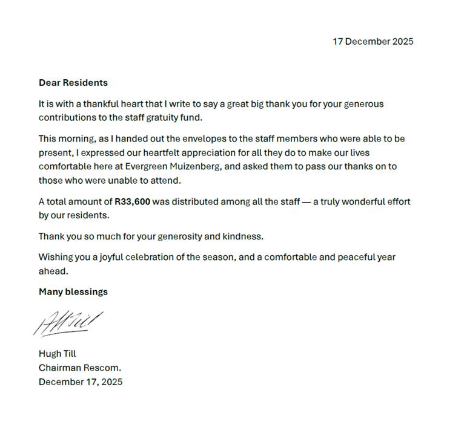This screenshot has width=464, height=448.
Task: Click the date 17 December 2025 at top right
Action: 373,42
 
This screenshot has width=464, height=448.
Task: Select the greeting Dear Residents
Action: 73,83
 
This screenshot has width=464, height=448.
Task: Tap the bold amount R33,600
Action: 132,202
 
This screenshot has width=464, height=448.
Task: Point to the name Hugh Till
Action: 58,354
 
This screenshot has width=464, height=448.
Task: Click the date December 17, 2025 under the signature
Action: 81,382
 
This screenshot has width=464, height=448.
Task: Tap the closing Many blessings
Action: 73,292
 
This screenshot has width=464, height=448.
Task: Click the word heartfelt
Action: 163,153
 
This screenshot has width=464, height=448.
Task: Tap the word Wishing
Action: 56,258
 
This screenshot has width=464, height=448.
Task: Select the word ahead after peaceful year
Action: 53,271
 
